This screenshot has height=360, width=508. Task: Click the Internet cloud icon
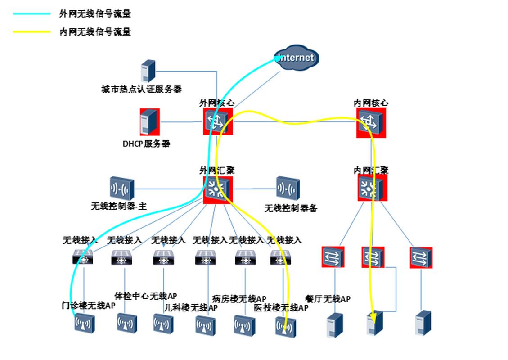[x=297, y=58]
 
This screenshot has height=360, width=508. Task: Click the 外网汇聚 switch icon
[x=218, y=189]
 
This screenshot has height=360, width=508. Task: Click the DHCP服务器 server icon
[x=149, y=121]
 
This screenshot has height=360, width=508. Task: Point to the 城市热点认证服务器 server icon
[x=148, y=71]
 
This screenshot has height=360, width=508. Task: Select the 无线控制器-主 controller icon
[x=121, y=188]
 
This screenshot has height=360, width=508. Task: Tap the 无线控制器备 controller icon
[x=288, y=188]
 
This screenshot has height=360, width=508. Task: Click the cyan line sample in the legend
[x=31, y=14]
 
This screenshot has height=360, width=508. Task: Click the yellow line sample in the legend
[x=31, y=32]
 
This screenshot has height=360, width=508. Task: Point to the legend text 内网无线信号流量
[x=95, y=32]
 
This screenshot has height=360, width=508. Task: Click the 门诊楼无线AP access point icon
[x=85, y=324]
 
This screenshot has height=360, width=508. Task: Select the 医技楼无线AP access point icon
[x=286, y=327]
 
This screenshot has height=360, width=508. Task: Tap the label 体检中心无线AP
[x=146, y=296]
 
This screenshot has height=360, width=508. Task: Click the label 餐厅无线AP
[x=327, y=299]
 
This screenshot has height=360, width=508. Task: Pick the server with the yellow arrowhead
[x=375, y=323]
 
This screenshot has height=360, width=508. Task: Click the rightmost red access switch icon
[x=421, y=258]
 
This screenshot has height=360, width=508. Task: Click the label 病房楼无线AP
[x=239, y=299]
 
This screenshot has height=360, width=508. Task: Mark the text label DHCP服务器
[x=146, y=144]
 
